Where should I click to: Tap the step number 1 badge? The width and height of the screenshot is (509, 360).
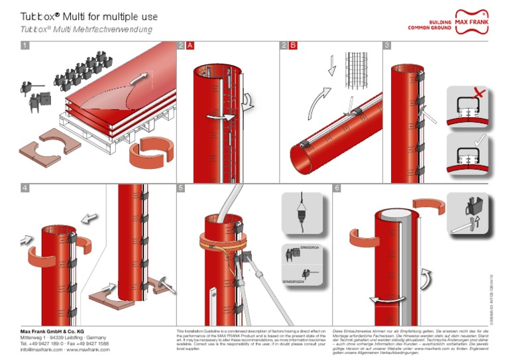coord(25,46)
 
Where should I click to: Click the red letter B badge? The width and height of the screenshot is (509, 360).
coord(293,46)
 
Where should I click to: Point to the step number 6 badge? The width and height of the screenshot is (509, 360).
coord(337,188)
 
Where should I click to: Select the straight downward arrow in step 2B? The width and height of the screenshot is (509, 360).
coord(332,66)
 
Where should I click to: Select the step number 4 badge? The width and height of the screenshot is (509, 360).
coord(25,188)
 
